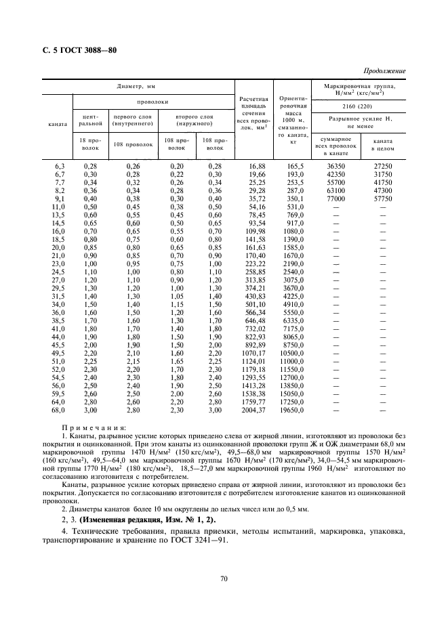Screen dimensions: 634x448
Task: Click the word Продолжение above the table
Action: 385,71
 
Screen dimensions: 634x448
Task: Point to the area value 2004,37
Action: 253,410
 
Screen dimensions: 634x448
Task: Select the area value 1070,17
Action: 253,353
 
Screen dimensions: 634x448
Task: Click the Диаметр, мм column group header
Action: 138,86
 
